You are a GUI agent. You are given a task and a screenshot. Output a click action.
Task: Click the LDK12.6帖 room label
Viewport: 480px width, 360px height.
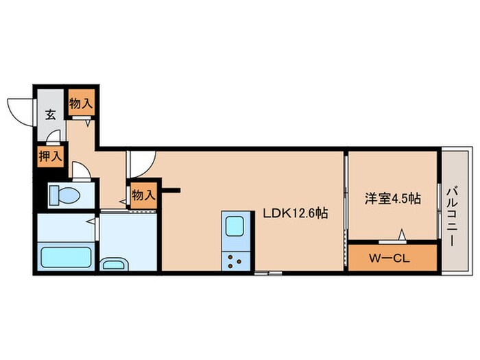296,213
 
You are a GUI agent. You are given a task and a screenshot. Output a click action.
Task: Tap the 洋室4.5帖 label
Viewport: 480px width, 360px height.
393,198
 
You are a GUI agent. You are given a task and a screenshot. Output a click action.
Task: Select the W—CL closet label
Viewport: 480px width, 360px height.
389,259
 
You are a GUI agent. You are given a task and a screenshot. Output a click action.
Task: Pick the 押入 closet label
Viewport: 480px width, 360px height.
51,156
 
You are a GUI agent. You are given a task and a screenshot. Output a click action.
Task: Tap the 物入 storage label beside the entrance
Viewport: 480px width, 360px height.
81,103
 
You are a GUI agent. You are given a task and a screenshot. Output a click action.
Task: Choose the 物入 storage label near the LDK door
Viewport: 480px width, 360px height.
143,195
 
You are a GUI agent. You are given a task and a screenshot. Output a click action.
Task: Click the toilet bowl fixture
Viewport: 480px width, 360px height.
64,195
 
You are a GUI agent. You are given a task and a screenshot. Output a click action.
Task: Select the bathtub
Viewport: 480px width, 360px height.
67,257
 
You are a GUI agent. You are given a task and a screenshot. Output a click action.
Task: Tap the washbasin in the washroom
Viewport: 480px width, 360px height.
114,264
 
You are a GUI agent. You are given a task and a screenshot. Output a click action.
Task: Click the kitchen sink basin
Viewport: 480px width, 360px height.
235,226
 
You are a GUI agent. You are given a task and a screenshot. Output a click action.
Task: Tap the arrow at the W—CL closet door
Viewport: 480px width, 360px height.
403,235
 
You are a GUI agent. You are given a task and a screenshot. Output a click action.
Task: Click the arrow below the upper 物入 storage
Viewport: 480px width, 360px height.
88,123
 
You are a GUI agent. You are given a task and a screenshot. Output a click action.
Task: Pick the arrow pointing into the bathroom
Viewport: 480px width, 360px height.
91,221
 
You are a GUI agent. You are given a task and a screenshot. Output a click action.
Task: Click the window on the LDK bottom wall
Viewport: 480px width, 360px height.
268,273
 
